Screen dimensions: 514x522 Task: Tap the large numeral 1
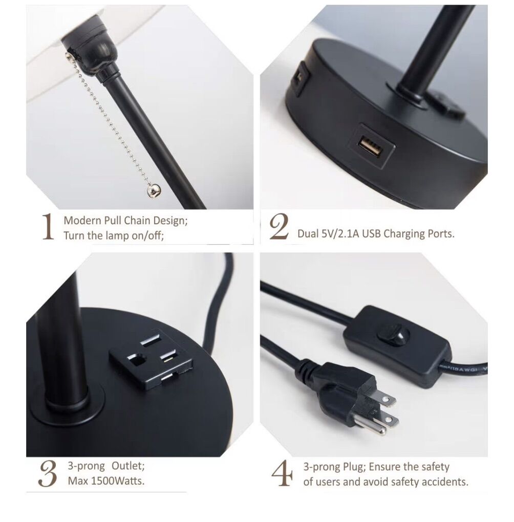[48, 227]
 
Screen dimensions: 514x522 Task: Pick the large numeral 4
[282, 473]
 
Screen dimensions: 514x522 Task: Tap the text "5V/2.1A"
[340, 234]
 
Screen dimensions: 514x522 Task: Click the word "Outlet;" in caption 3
[128, 466]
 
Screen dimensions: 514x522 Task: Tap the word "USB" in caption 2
[372, 234]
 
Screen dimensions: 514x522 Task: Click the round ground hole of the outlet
[137, 361]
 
